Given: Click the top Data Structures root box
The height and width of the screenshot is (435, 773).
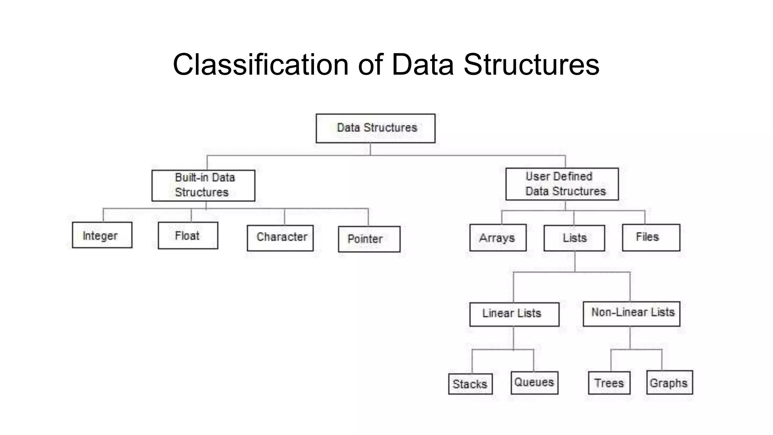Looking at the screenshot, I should pos(376,128).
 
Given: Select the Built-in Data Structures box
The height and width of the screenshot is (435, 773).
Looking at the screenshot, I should pos(203,185).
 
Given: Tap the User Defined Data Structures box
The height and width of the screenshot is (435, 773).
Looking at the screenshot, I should pos(562,184).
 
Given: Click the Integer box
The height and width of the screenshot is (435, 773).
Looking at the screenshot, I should pos(102,235).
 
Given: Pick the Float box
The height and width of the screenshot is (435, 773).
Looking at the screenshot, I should pos(188,236).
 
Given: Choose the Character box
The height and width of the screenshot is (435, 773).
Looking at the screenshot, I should pos(280,238).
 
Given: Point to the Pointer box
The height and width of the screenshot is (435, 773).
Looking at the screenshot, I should pos(369,239).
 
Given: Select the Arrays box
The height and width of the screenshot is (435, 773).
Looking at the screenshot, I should pos(498,238).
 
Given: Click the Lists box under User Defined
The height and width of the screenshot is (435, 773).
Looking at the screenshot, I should pos(574,238).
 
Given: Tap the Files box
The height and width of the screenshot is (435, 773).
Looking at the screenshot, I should pos(651,238).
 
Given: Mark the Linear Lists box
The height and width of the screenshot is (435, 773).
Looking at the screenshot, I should pos(514,314).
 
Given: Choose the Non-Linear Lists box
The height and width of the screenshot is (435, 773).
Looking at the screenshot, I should pos(631,314).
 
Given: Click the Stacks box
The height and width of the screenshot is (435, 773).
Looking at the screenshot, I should pos(470,384).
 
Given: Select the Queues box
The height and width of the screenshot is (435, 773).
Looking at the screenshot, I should pos(534,383).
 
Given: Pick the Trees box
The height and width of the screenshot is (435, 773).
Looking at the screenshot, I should pos(609,383).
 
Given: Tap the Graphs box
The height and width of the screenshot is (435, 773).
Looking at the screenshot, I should pos(669,383).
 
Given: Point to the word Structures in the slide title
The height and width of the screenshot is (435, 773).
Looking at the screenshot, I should pos(531,65).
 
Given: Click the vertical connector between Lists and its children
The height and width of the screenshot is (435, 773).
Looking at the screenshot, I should pos(575,261).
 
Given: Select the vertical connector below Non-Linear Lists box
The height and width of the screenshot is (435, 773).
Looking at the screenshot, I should pos(630,338).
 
